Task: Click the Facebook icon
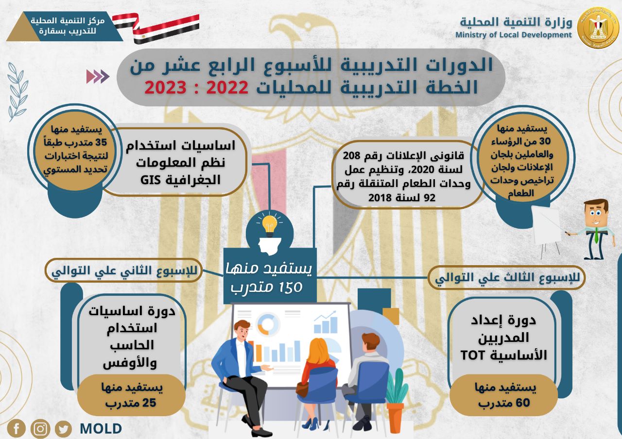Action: [17, 428]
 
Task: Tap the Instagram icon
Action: [40, 428]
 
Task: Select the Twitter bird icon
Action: [63, 429]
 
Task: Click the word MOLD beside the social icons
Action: [101, 428]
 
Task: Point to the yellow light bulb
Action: [269, 225]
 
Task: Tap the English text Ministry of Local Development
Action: [514, 35]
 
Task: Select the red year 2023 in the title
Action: [165, 87]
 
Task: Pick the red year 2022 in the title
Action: [227, 87]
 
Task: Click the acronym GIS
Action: [151, 180]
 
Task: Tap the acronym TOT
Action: [473, 355]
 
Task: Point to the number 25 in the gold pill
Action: [149, 403]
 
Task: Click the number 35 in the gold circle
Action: [101, 142]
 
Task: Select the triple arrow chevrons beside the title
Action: [98, 77]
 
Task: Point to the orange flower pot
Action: [395, 417]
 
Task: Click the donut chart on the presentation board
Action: [268, 324]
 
